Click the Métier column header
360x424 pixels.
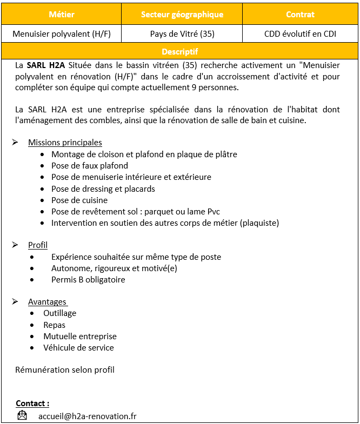pyautogui.click(x=62, y=15)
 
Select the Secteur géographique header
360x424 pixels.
pyautogui.click(x=182, y=15)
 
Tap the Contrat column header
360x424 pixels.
pyautogui.click(x=300, y=15)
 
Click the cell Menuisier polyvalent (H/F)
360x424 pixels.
pyautogui.click(x=62, y=33)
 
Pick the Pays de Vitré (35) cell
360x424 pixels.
pyautogui.click(x=182, y=33)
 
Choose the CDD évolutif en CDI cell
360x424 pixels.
pyautogui.click(x=300, y=33)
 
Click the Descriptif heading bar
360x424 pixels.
pyautogui.click(x=180, y=52)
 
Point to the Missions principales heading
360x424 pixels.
pyautogui.click(x=65, y=143)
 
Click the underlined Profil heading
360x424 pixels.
pyautogui.click(x=38, y=245)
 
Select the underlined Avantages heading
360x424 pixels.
pyautogui.click(x=48, y=302)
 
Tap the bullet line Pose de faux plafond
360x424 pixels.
pyautogui.click(x=90, y=166)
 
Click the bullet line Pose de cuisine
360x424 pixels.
pyautogui.click(x=79, y=200)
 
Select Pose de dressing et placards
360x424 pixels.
pyautogui.click(x=103, y=189)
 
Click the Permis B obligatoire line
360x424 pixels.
pyautogui.click(x=88, y=280)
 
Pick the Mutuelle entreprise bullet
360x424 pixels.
pyautogui.click(x=80, y=336)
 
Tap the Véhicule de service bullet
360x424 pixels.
pyautogui.click(x=78, y=347)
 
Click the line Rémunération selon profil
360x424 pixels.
pyautogui.click(x=65, y=370)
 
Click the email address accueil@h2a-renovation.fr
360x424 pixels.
pyautogui.click(x=87, y=416)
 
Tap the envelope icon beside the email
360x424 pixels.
pyautogui.click(x=22, y=415)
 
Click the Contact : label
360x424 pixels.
pyautogui.click(x=32, y=403)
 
